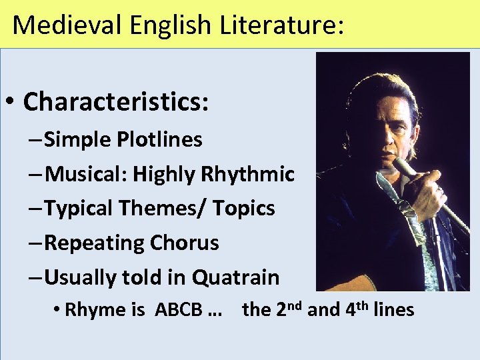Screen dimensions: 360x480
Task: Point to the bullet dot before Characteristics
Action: pyautogui.click(x=12, y=103)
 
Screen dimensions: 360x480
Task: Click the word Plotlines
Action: pyautogui.click(x=159, y=140)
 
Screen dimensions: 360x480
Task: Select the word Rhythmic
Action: pyautogui.click(x=247, y=175)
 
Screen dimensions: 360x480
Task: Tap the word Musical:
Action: pyautogui.click(x=87, y=175)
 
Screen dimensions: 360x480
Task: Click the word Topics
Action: pyautogui.click(x=243, y=209)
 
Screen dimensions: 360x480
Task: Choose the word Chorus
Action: pyautogui.click(x=184, y=243)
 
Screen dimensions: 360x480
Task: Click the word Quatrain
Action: pyautogui.click(x=236, y=277)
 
